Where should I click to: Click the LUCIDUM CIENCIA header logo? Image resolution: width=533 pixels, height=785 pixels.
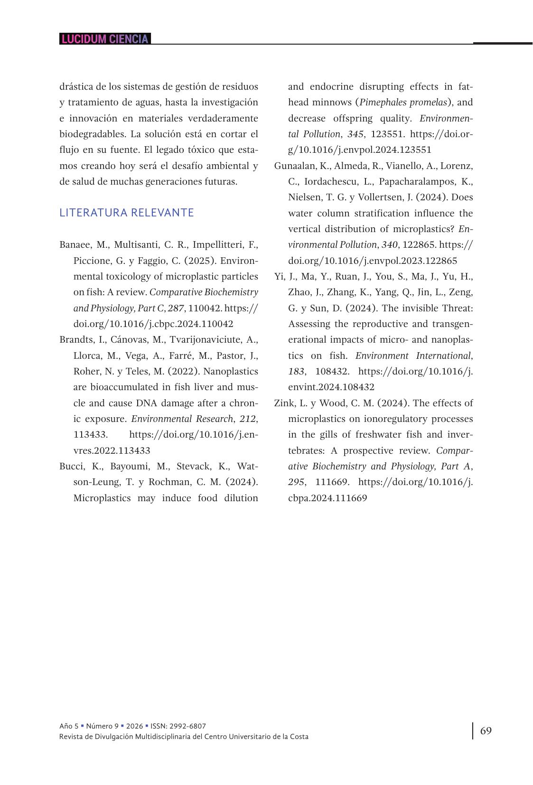point(105,39)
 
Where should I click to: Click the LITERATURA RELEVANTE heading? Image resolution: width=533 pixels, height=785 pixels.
point(127,213)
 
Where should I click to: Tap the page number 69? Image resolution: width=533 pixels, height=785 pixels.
point(486,731)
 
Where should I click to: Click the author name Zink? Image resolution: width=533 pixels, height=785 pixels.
point(284,403)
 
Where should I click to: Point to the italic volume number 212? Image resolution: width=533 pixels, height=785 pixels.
point(248,419)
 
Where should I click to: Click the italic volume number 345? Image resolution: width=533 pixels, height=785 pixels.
point(355,134)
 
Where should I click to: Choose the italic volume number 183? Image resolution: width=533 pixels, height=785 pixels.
point(297,372)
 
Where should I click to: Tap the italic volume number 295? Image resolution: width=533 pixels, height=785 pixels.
point(297,482)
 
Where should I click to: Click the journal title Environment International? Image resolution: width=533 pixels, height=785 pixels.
point(413,356)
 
